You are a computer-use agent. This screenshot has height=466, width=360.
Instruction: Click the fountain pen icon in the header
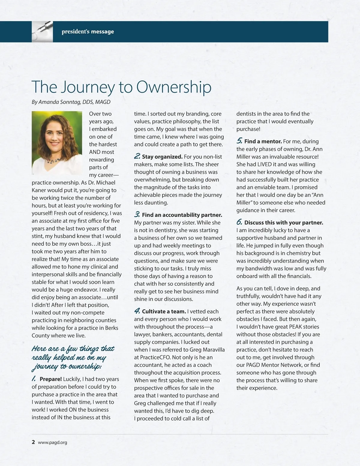tap(42, 32)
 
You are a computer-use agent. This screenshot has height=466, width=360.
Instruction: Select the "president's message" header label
tap(88, 32)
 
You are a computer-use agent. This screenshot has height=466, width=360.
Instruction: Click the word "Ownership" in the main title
tap(174, 87)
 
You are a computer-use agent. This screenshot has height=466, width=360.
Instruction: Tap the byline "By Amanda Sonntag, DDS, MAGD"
tap(71, 102)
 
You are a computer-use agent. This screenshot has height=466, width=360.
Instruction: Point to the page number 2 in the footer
tap(33, 442)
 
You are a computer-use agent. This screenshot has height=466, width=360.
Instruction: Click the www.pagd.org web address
tap(52, 442)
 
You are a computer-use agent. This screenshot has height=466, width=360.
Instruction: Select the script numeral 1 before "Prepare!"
tap(34, 379)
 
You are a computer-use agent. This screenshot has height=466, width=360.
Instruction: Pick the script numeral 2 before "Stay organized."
tap(137, 156)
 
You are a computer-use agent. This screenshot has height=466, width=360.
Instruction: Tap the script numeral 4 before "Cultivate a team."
tap(137, 311)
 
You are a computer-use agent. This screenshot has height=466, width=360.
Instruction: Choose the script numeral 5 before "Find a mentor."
tap(239, 141)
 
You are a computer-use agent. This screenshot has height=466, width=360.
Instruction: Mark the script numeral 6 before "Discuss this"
tap(239, 222)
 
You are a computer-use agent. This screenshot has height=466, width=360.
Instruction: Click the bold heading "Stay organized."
tap(162, 157)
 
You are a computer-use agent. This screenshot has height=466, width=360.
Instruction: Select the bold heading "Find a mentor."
tap(263, 141)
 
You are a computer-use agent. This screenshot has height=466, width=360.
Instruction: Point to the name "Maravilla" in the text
tap(213, 350)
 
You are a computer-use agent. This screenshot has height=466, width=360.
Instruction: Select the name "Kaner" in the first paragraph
tap(40, 190)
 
